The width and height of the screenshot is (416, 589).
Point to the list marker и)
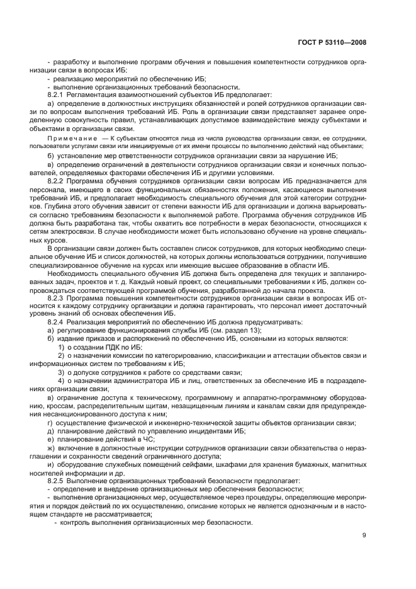click(x=50, y=463)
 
